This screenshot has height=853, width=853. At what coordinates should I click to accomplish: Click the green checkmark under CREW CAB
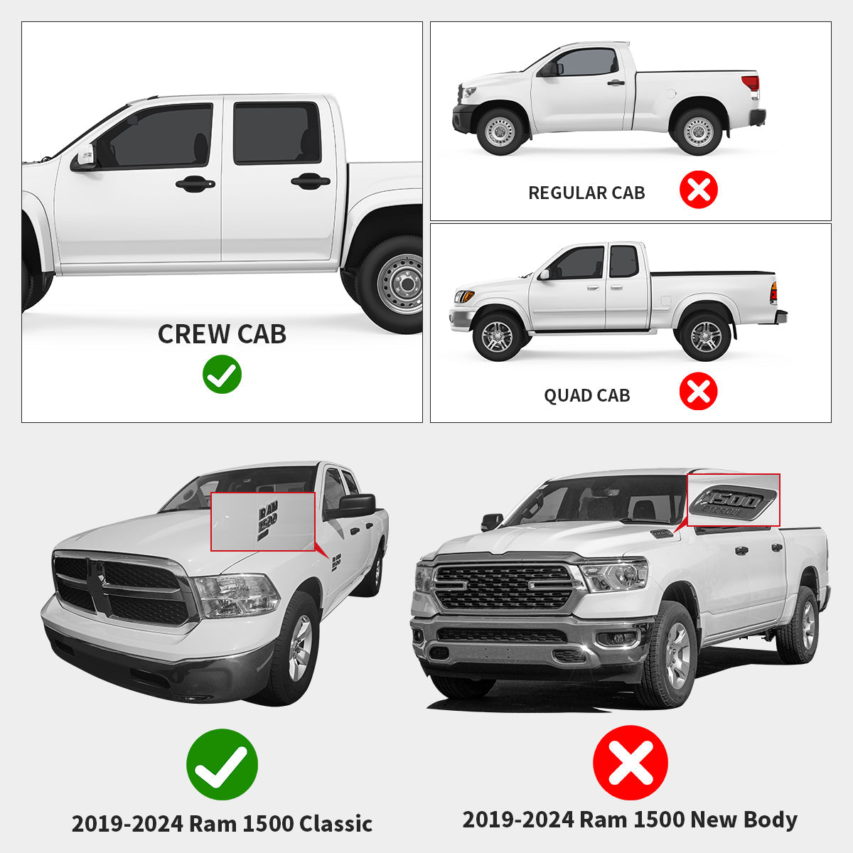coord(222,374)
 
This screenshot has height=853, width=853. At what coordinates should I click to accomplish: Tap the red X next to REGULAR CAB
coord(699,190)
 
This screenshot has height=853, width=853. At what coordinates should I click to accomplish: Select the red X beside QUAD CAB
coord(699,391)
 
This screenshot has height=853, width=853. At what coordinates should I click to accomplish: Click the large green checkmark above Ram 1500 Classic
coord(222,764)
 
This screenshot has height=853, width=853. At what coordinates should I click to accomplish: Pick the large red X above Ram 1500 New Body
coord(631,762)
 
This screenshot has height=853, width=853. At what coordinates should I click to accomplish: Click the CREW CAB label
coord(222,334)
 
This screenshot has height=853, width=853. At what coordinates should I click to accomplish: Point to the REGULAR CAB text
coord(586,193)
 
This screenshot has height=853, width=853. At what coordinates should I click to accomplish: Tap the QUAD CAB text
coord(586,395)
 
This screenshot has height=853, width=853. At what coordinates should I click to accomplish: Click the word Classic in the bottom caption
coord(336,825)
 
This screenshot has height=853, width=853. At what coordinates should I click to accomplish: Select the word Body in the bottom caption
coord(771,820)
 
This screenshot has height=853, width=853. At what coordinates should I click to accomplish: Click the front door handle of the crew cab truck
coord(195,183)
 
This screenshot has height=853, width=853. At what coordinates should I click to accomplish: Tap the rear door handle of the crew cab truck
coord(311,181)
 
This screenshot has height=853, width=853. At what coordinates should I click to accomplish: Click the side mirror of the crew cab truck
coord(84,158)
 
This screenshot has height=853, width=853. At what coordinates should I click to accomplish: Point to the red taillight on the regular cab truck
coord(751,84)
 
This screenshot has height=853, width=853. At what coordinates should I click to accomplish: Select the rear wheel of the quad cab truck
coord(705,336)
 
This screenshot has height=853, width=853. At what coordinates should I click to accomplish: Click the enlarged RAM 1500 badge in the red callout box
coord(267,521)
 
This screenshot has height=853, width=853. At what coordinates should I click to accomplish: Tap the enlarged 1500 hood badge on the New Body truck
coord(733,503)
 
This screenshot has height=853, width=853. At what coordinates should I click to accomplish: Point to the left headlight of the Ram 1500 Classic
coord(236,596)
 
